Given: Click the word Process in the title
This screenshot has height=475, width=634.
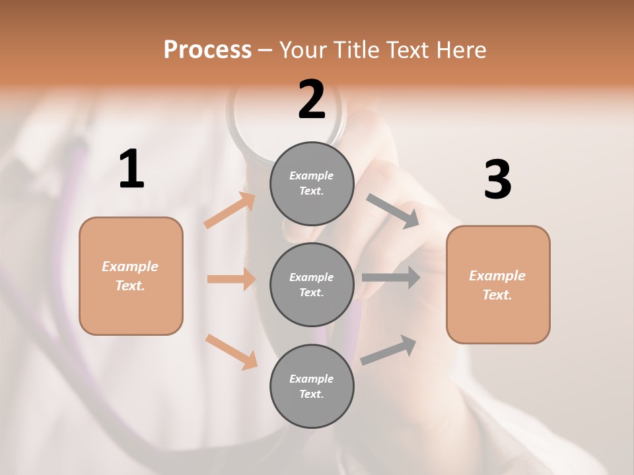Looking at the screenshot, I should (x=207, y=49).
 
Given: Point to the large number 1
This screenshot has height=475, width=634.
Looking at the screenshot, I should (x=131, y=170).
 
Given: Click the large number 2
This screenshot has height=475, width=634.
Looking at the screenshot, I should (x=312, y=100).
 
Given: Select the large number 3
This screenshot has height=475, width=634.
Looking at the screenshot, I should (x=497, y=179).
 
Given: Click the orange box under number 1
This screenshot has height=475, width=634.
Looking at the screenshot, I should (x=131, y=276).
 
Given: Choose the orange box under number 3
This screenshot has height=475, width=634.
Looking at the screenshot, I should (x=498, y=284).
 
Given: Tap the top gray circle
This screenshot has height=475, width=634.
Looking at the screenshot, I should (x=312, y=183).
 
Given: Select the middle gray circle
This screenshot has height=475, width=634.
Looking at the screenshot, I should (x=312, y=284).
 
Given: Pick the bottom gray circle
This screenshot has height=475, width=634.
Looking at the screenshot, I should (x=312, y=386).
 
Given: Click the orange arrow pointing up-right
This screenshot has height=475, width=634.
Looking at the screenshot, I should (x=230, y=210).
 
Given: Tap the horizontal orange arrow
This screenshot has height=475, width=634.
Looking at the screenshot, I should (x=231, y=279).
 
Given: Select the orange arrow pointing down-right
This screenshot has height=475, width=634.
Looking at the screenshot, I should (x=231, y=352).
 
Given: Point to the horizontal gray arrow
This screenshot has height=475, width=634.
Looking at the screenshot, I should (x=391, y=277).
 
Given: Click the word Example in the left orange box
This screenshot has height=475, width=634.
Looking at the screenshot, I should (x=130, y=267).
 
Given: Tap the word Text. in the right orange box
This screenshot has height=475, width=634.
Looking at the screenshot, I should (x=497, y=295).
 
